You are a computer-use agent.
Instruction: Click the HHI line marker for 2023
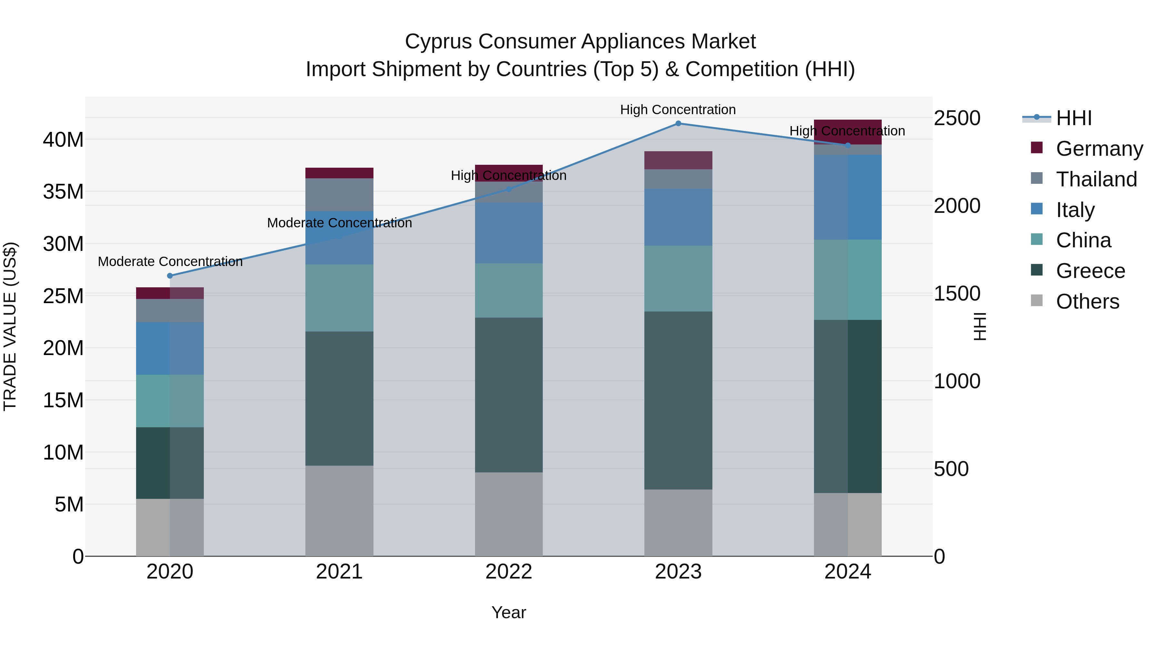pyautogui.click(x=678, y=124)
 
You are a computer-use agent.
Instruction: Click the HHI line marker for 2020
pyautogui.click(x=170, y=276)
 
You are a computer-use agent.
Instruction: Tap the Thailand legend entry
pyautogui.click(x=1096, y=179)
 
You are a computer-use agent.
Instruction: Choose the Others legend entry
pyautogui.click(x=1087, y=302)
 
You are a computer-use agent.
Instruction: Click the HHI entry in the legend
pyautogui.click(x=1074, y=118)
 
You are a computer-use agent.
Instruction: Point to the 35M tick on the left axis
pyautogui.click(x=63, y=192)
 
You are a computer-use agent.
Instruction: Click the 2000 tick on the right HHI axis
pyautogui.click(x=957, y=206)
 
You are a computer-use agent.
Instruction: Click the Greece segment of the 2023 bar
pyautogui.click(x=678, y=400)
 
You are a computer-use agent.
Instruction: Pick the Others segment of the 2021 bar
pyautogui.click(x=339, y=510)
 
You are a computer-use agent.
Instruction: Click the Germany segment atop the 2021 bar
pyautogui.click(x=339, y=173)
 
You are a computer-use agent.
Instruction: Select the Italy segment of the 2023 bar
pyautogui.click(x=678, y=217)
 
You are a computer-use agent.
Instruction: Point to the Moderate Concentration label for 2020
pyautogui.click(x=170, y=262)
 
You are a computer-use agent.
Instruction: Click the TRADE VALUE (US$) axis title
pyautogui.click(x=10, y=326)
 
